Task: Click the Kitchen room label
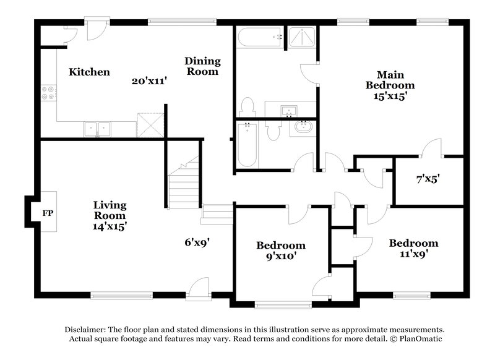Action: tap(89, 72)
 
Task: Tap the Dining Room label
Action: tap(202, 66)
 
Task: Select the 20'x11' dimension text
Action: tap(150, 81)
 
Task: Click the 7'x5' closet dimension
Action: tap(428, 180)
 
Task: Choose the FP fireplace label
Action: tap(48, 214)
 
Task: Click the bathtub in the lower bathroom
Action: tap(246, 144)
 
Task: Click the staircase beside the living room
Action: tap(184, 184)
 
